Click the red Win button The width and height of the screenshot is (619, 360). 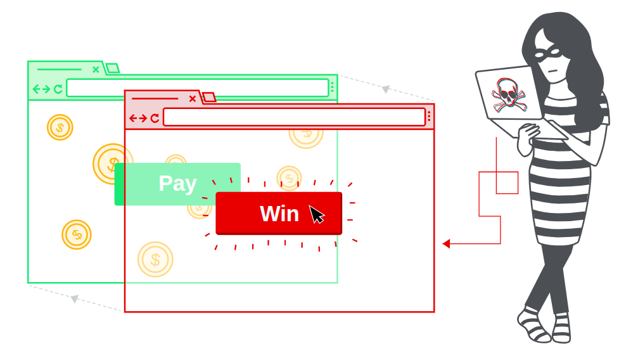[x=279, y=213]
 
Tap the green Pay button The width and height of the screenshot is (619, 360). [x=177, y=184]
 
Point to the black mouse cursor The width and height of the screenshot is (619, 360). [x=316, y=214]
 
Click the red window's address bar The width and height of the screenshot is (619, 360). [x=294, y=117]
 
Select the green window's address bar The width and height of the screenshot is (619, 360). [x=198, y=87]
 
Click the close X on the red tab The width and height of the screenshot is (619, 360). [x=192, y=99]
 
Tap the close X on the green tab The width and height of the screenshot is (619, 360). [x=96, y=70]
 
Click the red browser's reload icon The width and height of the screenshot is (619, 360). [x=155, y=118]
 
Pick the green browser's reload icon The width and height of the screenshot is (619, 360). [x=58, y=89]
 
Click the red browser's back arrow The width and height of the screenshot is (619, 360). [x=133, y=118]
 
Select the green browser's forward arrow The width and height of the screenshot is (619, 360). [x=46, y=89]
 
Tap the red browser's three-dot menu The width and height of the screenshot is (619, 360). [x=429, y=117]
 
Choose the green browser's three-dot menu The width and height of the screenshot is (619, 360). [x=333, y=87]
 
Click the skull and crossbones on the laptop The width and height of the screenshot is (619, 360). [x=509, y=95]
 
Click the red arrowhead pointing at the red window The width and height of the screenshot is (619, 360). [x=446, y=243]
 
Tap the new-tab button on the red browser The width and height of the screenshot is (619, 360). [x=209, y=97]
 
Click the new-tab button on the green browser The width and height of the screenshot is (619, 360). [x=113, y=68]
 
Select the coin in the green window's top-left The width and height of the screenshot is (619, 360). [x=60, y=127]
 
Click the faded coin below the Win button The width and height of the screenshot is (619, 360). [x=155, y=259]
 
